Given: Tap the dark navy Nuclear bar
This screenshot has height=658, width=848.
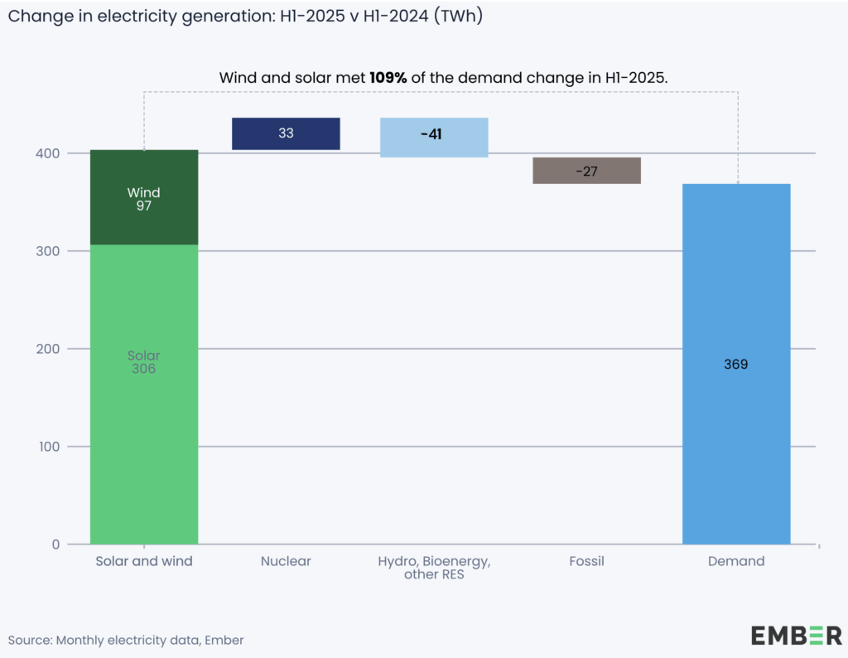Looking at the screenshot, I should click(x=286, y=133).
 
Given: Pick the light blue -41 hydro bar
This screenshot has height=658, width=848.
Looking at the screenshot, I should click(x=434, y=137).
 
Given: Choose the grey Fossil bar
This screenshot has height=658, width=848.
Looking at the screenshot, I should click(x=586, y=171).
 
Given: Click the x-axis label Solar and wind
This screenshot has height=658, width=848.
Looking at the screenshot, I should click(x=144, y=561).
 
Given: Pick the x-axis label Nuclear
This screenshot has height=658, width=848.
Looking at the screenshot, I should click(x=286, y=561).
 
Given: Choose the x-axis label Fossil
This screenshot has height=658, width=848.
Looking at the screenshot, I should click(x=586, y=561).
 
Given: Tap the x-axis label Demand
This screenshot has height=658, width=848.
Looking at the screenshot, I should click(x=735, y=561).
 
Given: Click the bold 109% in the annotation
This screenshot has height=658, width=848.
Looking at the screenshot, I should click(x=389, y=77).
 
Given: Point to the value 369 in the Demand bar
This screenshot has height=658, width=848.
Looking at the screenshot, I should click(x=735, y=364).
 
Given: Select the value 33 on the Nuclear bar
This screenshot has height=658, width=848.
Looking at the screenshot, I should click(x=286, y=133).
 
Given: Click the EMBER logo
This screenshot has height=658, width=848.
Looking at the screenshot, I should click(x=795, y=636).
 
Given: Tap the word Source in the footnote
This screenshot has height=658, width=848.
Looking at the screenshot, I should click(x=28, y=640).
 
